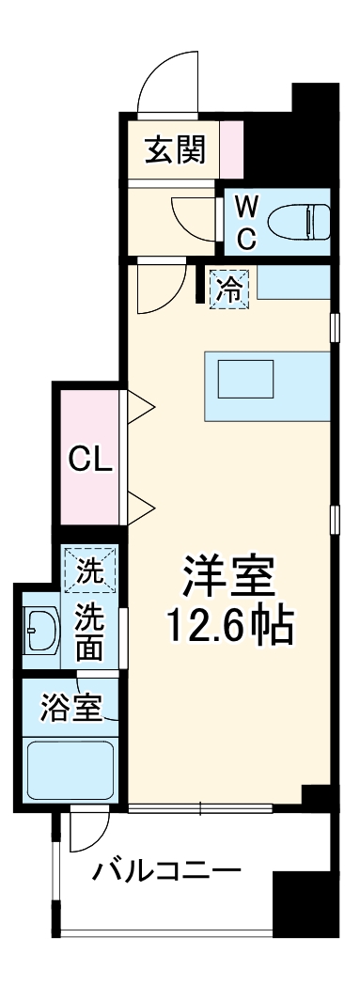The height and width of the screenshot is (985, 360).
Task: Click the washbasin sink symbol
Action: tap(39, 626)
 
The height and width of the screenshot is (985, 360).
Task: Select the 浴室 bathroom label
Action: tap(71, 708)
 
